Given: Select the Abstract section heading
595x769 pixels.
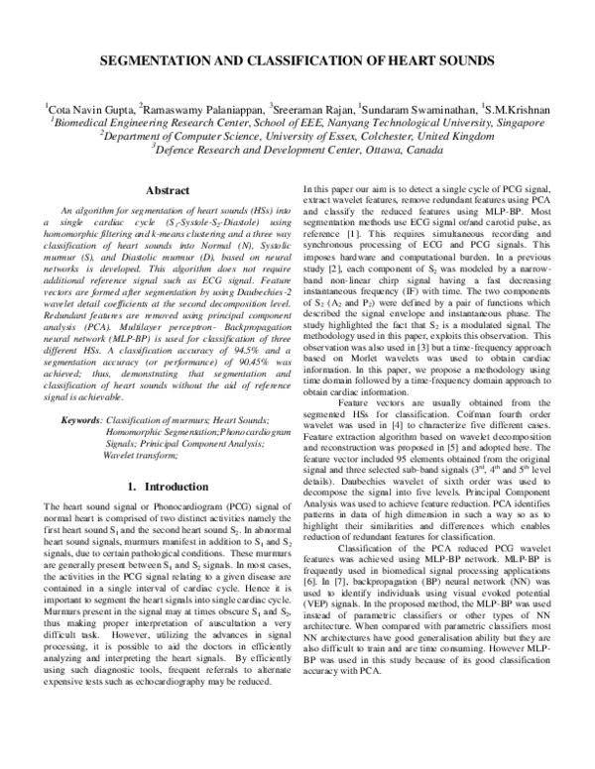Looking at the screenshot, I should tap(146, 190).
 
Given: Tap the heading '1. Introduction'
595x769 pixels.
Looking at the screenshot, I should tap(146, 488).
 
